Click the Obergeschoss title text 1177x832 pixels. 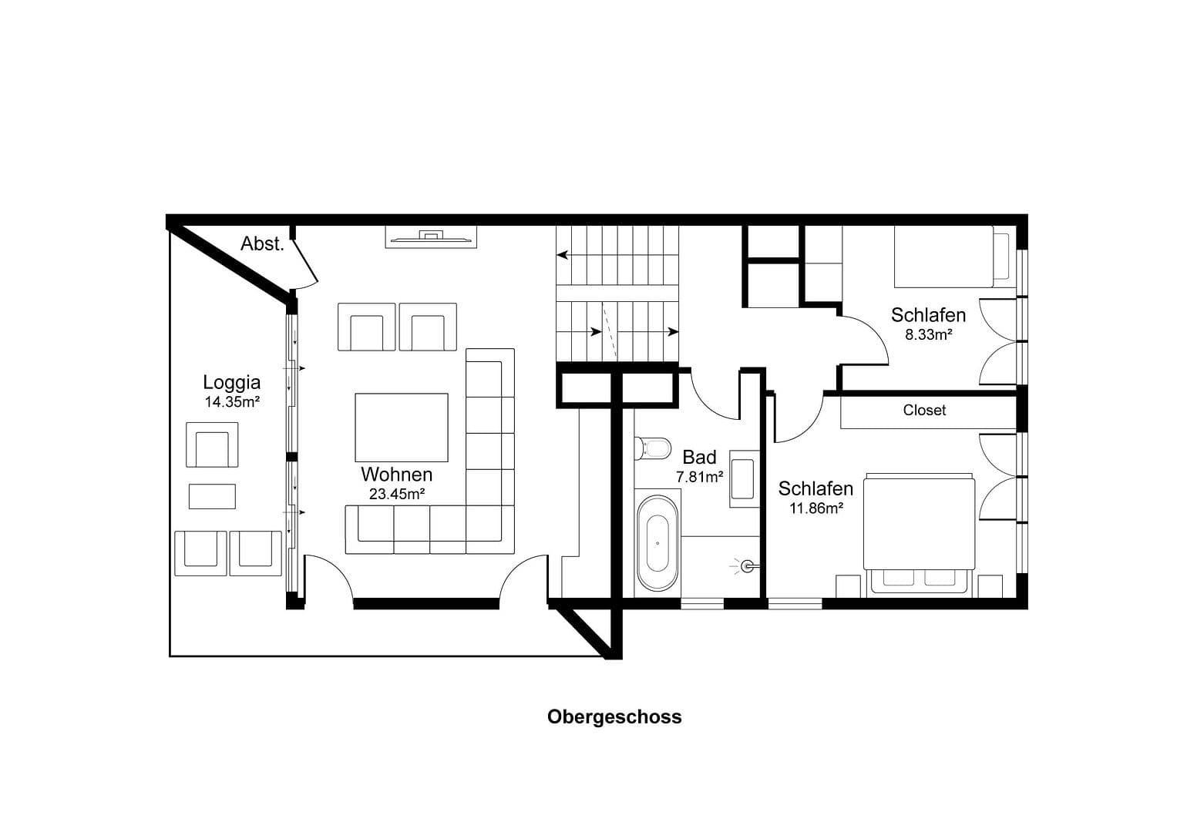pyautogui.click(x=614, y=716)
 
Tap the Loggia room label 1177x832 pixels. pyautogui.click(x=231, y=382)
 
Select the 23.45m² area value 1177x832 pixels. pyautogui.click(x=397, y=494)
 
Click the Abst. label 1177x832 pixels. pyautogui.click(x=262, y=244)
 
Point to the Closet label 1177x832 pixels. pyautogui.click(x=924, y=411)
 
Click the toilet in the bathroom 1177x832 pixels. pyautogui.click(x=654, y=447)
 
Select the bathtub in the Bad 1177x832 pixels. pyautogui.click(x=657, y=542)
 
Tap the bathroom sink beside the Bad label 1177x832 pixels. pyautogui.click(x=744, y=478)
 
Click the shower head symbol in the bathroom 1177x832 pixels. pyautogui.click(x=746, y=567)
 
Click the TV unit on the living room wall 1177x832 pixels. pyautogui.click(x=431, y=237)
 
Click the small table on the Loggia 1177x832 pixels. pyautogui.click(x=212, y=495)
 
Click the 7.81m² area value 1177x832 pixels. pyautogui.click(x=699, y=478)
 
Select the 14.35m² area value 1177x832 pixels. pyautogui.click(x=231, y=402)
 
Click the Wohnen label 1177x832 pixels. pyautogui.click(x=396, y=474)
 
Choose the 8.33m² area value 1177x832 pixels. pyautogui.click(x=928, y=335)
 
